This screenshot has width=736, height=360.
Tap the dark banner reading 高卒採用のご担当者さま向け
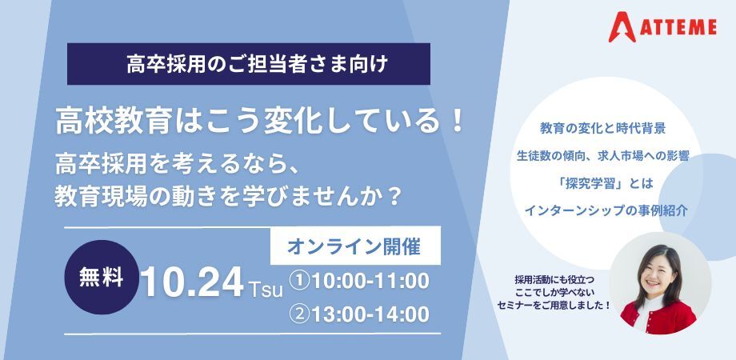[249, 64]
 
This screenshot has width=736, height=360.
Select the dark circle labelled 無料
[102, 278]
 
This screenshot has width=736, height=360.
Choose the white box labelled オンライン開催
[355, 246]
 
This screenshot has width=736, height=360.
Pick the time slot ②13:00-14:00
[359, 314]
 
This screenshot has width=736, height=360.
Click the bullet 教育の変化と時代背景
[602, 129]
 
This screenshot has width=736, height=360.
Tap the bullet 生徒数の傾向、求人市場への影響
[602, 156]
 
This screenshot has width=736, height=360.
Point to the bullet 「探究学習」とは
[602, 183]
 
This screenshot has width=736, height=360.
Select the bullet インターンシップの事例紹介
[606, 210]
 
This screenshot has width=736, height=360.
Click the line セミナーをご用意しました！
[554, 306]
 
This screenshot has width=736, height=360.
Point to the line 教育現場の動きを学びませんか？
[228, 197]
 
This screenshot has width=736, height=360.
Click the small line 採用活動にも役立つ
[554, 280]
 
